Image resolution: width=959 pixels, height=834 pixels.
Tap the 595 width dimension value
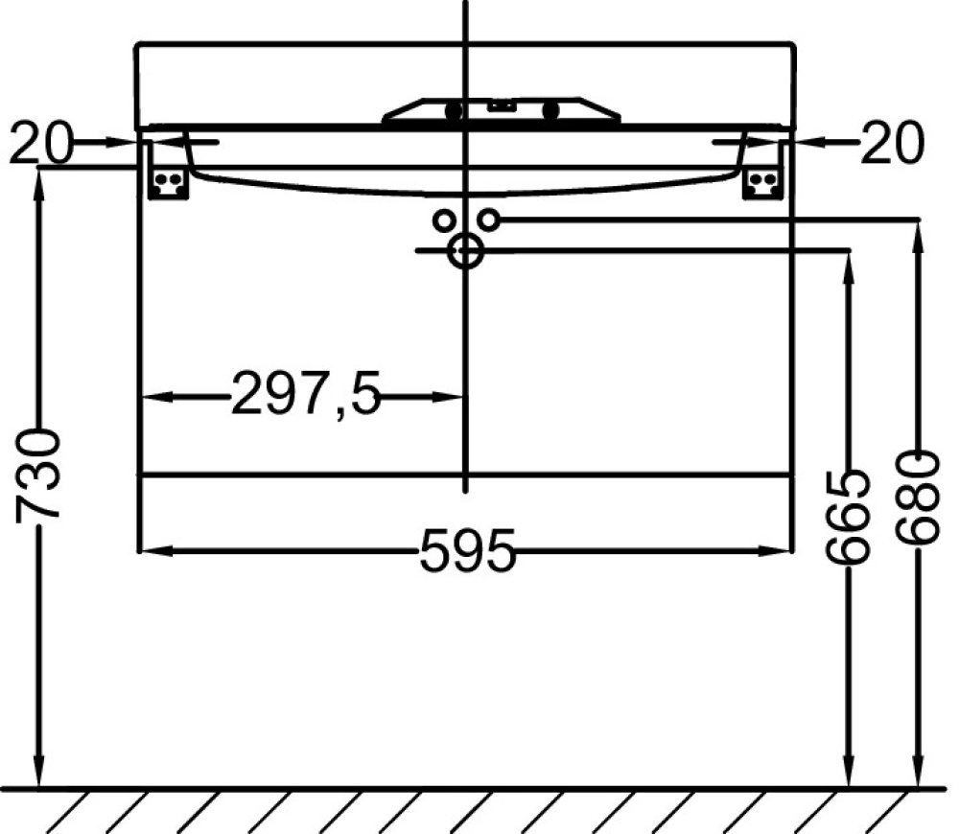pos(468,550)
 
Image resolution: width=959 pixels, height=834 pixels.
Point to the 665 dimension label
pos(847,517)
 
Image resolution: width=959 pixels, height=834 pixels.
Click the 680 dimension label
pos(917,498)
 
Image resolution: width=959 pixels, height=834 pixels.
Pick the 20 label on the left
pos(40,143)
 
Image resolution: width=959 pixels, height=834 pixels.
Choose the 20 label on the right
pos(892,143)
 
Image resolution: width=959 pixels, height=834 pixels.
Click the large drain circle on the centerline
pos(466,250)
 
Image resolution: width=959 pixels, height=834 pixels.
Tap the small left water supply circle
pos(445,220)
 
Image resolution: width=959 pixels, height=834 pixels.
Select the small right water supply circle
pos(489,220)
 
